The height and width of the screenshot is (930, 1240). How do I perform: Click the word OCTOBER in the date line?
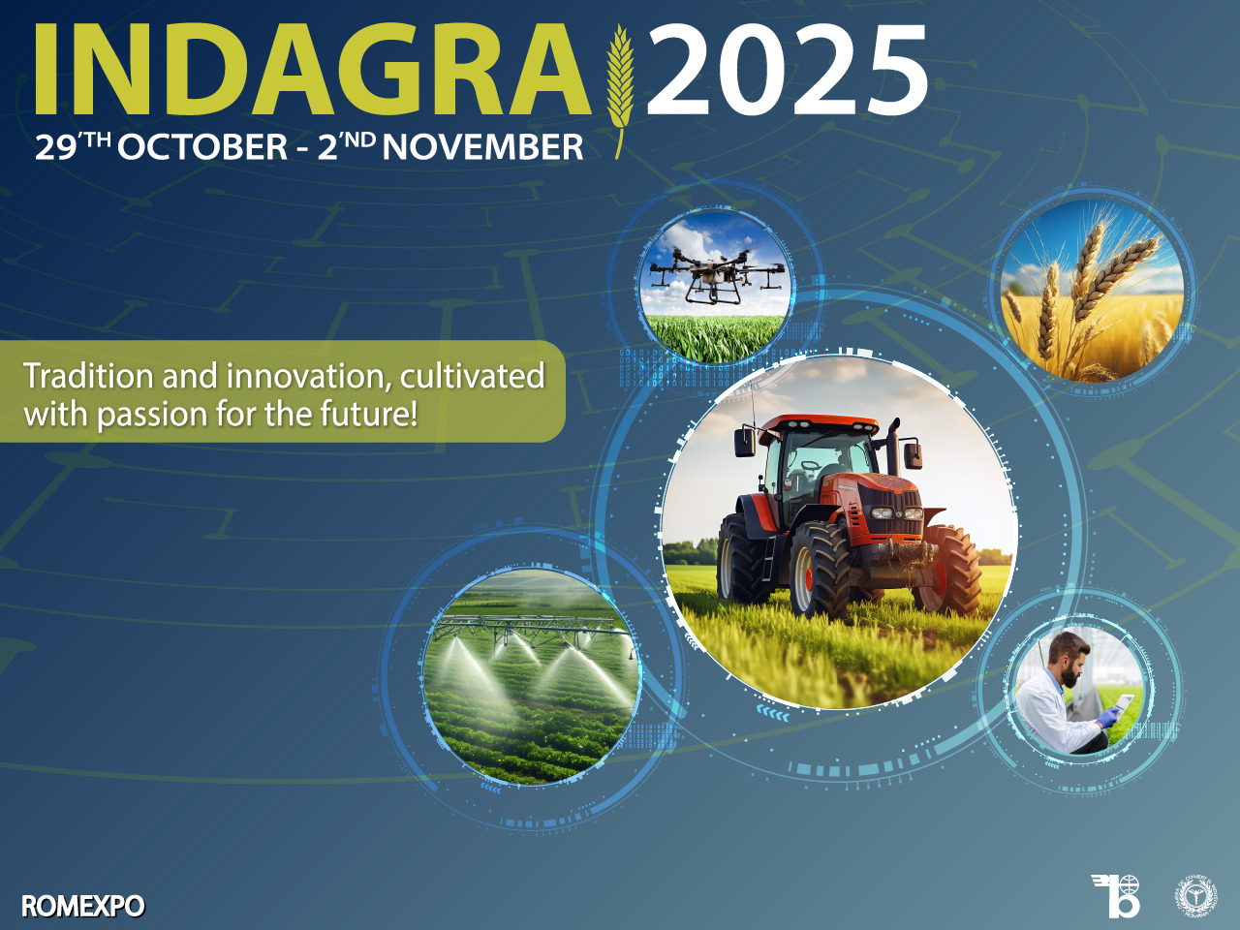(x=202, y=147)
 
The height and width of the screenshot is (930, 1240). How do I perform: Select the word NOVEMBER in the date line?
(x=483, y=147)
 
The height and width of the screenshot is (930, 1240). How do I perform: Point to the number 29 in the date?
(x=55, y=148)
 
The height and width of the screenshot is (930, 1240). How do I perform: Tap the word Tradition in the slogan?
(x=88, y=376)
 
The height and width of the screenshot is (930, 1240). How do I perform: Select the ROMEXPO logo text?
(x=82, y=907)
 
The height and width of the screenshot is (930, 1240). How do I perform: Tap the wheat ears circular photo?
(x=1092, y=291)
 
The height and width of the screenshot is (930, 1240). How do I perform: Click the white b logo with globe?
(x=1118, y=895)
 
